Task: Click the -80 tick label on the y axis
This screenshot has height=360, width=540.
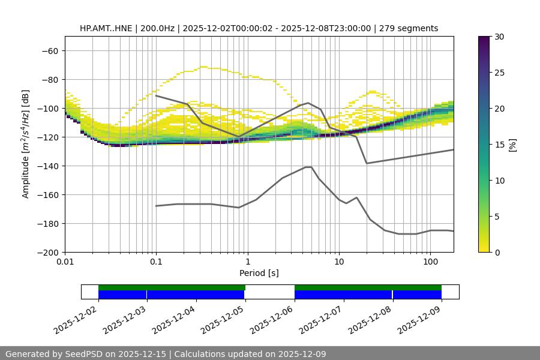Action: pyautogui.click(x=49, y=80)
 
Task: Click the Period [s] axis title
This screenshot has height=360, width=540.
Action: pyautogui.click(x=259, y=274)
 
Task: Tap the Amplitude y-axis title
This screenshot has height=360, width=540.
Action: pyautogui.click(x=26, y=144)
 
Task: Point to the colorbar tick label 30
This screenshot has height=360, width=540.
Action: pyautogui.click(x=499, y=37)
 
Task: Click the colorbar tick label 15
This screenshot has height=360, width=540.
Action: pyautogui.click(x=499, y=145)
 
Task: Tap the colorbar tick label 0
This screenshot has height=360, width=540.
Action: pyautogui.click(x=497, y=253)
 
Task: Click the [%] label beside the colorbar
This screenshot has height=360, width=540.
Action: pyautogui.click(x=512, y=144)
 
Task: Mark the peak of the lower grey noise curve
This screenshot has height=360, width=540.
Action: pyautogui.click(x=308, y=167)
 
